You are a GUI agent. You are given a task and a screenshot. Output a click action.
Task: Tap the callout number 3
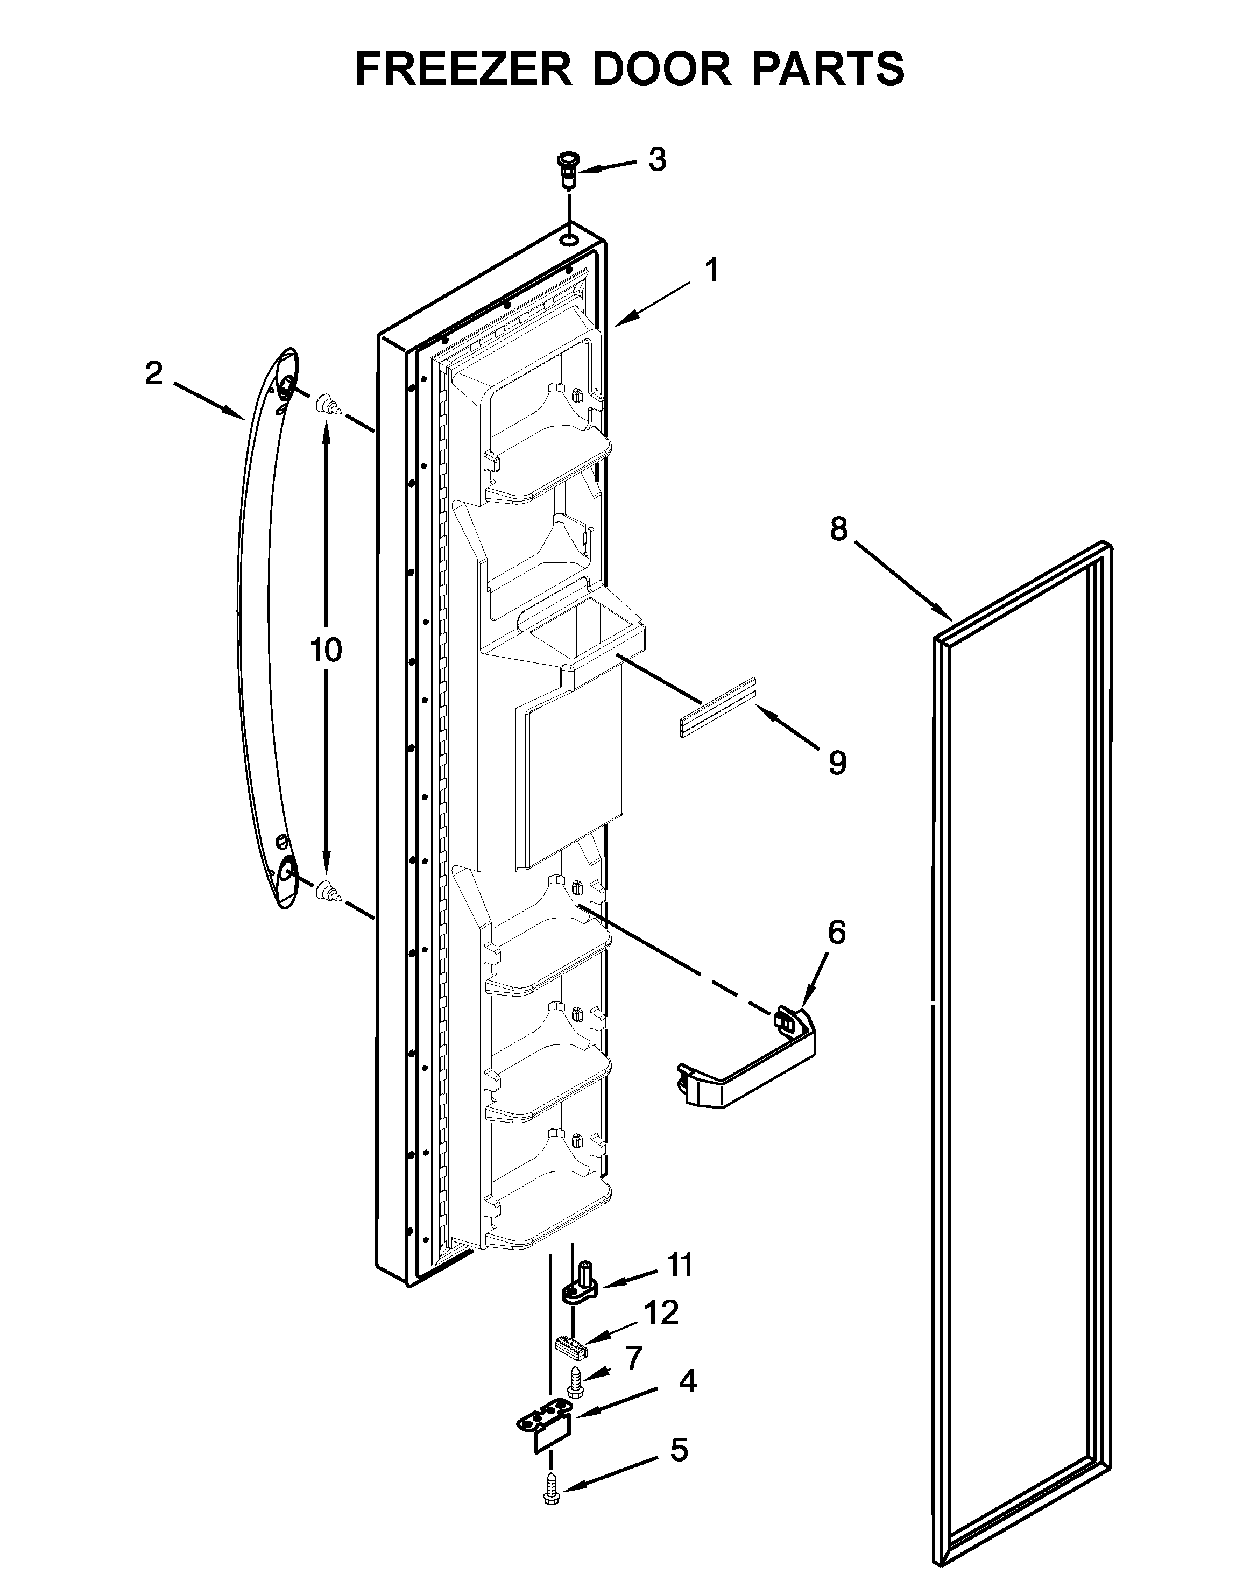click(x=658, y=159)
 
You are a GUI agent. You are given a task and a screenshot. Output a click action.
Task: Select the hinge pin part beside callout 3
click(x=566, y=170)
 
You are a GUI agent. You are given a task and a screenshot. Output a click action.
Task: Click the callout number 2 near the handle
click(x=153, y=374)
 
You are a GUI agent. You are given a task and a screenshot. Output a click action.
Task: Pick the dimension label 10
click(x=326, y=648)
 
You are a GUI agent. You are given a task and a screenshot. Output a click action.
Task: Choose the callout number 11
click(x=680, y=1265)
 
